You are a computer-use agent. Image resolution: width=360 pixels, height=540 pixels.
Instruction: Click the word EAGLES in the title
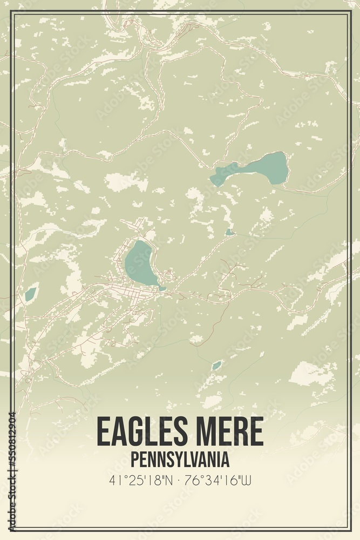click(x=141, y=431)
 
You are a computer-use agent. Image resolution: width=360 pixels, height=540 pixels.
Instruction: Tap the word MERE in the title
click(x=228, y=431)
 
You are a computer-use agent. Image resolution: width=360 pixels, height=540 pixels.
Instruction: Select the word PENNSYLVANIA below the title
click(x=180, y=460)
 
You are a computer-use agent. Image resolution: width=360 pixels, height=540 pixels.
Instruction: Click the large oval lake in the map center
click(x=139, y=264)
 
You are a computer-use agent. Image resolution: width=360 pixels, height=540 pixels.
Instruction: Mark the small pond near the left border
click(x=30, y=294)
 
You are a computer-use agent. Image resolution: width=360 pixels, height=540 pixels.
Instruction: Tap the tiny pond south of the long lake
click(x=229, y=233)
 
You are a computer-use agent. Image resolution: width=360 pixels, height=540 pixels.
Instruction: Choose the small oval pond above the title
click(x=216, y=366)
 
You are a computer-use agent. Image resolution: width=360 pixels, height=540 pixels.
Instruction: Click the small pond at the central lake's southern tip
click(x=162, y=288)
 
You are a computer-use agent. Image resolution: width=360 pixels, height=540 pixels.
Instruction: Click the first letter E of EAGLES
click(x=103, y=431)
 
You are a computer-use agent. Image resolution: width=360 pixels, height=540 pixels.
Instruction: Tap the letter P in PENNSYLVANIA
click(x=134, y=460)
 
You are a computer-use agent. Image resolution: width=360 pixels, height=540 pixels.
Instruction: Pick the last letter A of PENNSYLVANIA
click(x=225, y=460)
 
